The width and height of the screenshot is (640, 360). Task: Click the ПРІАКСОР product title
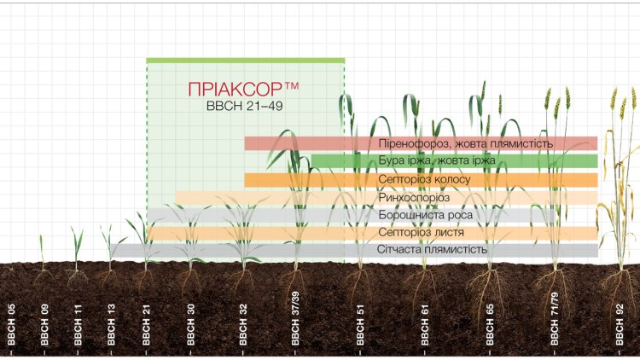point(244,89)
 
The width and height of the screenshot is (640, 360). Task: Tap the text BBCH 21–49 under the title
point(244,106)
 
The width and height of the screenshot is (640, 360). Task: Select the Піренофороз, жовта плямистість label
point(466,143)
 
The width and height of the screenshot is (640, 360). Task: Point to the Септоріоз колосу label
point(423,180)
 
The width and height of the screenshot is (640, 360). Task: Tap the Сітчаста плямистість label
point(432,250)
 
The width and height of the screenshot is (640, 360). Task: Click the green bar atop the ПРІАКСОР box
point(245,61)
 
